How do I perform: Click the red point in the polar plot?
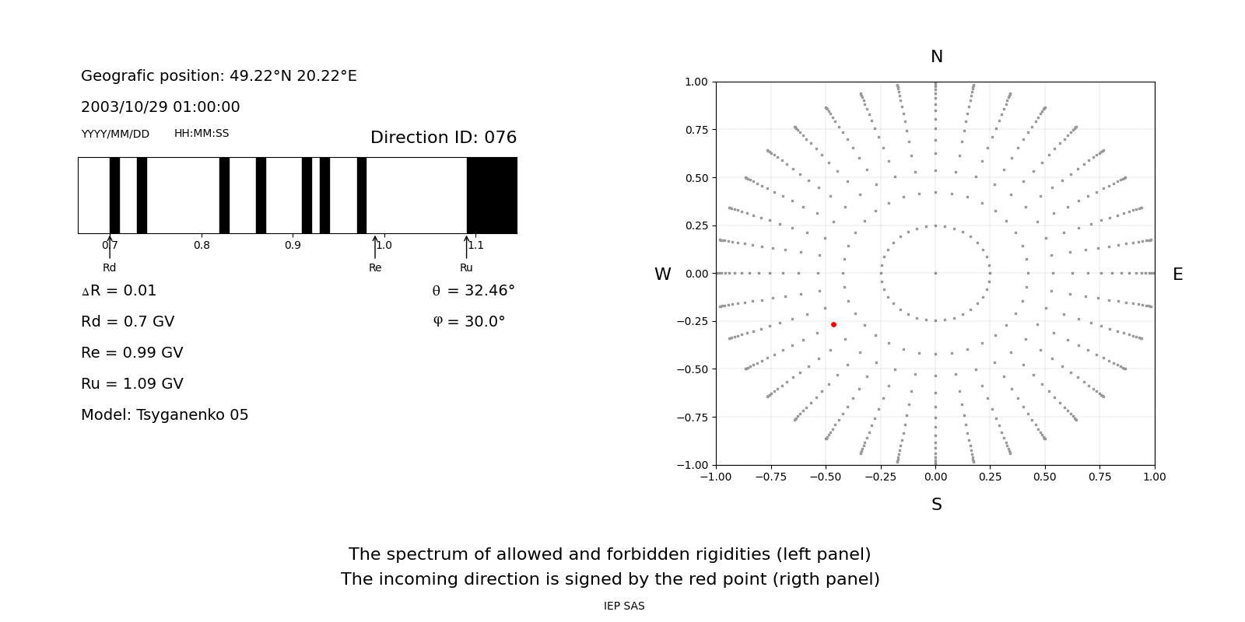point(833,324)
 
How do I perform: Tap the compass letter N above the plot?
point(936,57)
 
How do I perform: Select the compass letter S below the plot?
point(936,505)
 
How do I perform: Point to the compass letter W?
point(662,274)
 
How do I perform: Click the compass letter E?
point(1177,274)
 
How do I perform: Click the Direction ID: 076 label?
point(443,138)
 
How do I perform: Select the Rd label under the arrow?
point(109,267)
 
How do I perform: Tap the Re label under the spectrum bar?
point(375,267)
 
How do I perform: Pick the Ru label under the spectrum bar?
point(466,267)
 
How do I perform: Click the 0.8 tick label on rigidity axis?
point(202,245)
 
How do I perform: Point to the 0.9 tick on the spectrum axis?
point(293,245)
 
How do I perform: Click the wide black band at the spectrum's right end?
point(492,195)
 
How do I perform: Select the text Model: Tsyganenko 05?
point(164,415)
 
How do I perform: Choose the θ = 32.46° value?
point(473,291)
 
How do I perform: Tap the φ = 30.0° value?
point(468,322)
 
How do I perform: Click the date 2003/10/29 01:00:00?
point(160,107)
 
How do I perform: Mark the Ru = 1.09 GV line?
point(132,384)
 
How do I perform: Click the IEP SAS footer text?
point(624,606)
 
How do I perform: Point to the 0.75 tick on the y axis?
point(696,130)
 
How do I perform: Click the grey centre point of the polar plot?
point(935,273)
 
